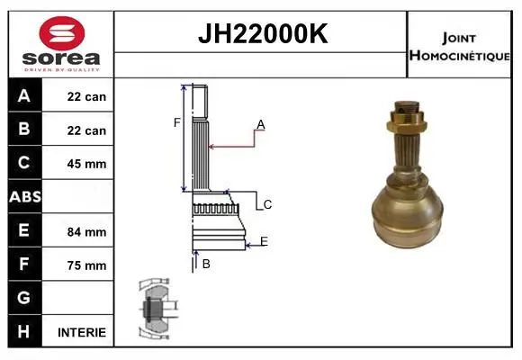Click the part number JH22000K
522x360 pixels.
[x=263, y=33]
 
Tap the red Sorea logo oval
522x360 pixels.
[x=62, y=33]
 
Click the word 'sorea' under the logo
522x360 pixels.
[x=61, y=58]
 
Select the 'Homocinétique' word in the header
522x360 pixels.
[x=459, y=55]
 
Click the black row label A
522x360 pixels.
[x=24, y=95]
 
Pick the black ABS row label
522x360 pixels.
[x=25, y=196]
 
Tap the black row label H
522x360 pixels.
[x=24, y=331]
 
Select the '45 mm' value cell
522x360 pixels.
[x=86, y=164]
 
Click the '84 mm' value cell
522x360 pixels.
[x=86, y=232]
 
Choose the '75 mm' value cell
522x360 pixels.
[x=86, y=265]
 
